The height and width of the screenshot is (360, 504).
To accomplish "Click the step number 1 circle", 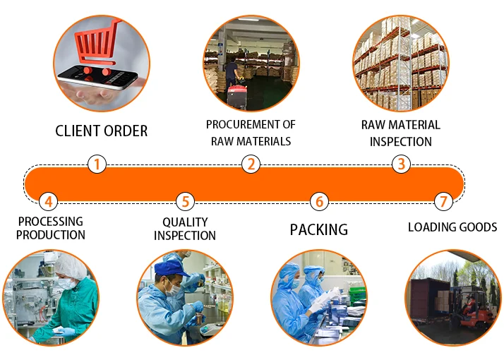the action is pos(97,164).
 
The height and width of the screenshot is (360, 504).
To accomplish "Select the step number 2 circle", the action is pos(251,164).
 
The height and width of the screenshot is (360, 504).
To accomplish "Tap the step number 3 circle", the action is pos(401,164).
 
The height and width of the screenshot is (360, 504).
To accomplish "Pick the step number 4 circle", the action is pos(48,202).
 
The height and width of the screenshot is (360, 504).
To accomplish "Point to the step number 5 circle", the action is pos(185,202).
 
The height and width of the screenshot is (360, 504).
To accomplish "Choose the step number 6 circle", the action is pos(319,202).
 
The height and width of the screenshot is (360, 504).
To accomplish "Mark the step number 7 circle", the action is pos(443,202).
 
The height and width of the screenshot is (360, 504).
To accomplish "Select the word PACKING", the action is pos(319,229).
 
